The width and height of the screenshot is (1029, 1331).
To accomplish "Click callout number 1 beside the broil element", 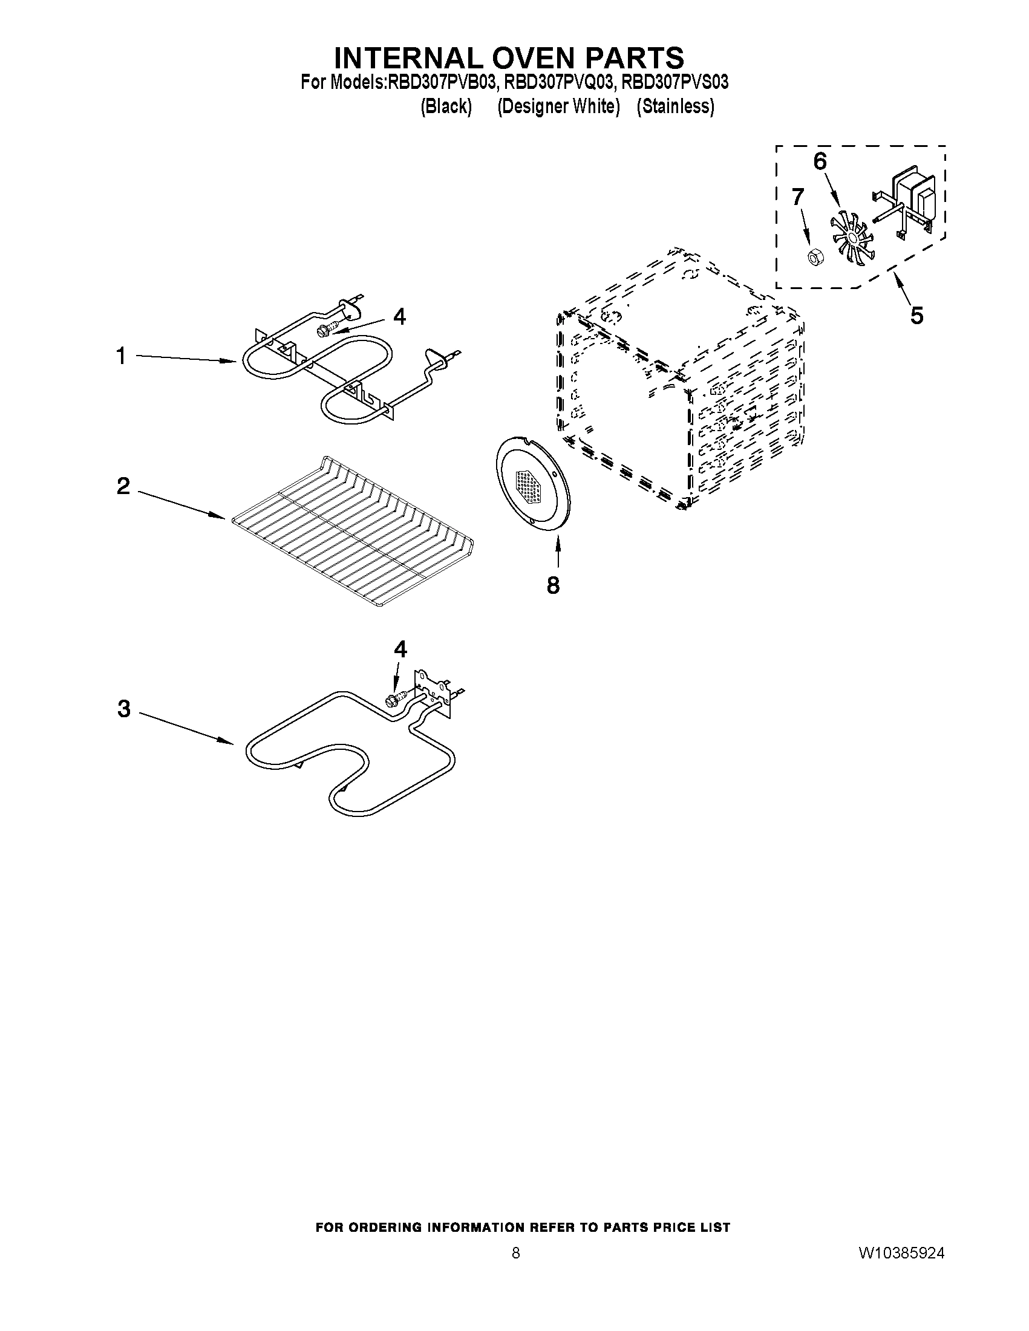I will tap(122, 356).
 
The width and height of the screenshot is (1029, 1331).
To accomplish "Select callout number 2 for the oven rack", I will tap(123, 486).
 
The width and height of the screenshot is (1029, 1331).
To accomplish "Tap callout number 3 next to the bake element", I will tap(124, 709).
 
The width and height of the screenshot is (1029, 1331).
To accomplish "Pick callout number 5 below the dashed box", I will tap(916, 315).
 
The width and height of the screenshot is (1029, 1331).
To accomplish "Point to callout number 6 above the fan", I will tap(820, 161).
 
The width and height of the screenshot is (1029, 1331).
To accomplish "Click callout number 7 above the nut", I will tap(797, 197).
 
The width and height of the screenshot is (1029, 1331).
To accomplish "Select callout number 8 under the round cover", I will tap(553, 585).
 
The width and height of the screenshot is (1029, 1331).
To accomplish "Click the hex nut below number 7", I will tap(812, 257).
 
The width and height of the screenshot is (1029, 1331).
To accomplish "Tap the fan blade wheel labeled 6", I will tap(849, 235).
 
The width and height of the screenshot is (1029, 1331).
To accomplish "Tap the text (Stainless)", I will tap(675, 106).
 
